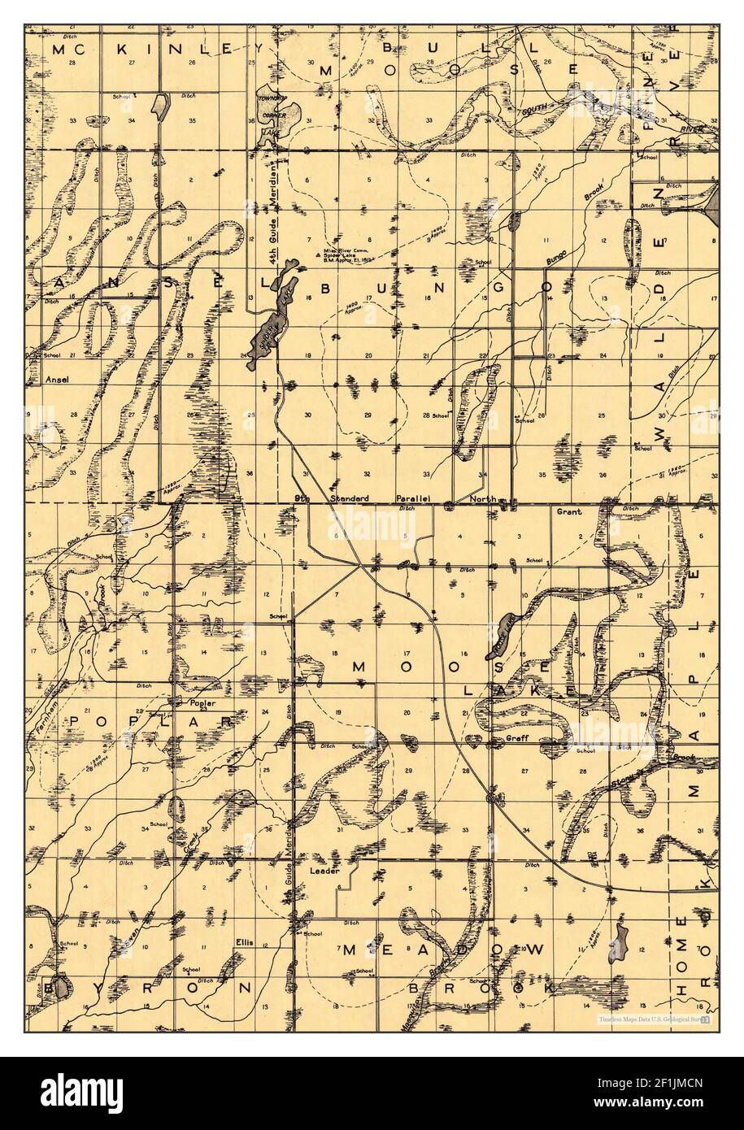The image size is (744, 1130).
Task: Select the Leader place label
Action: [x=323, y=871]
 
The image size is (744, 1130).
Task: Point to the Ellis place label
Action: [x=245, y=942]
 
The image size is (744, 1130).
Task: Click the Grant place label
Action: [x=567, y=513]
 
